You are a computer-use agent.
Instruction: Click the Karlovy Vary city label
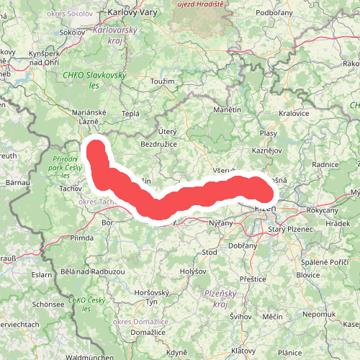click(132, 12)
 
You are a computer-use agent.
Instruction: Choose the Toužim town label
click(163, 81)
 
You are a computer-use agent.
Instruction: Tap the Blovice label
click(308, 274)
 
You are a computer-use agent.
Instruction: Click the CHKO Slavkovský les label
click(94, 80)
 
